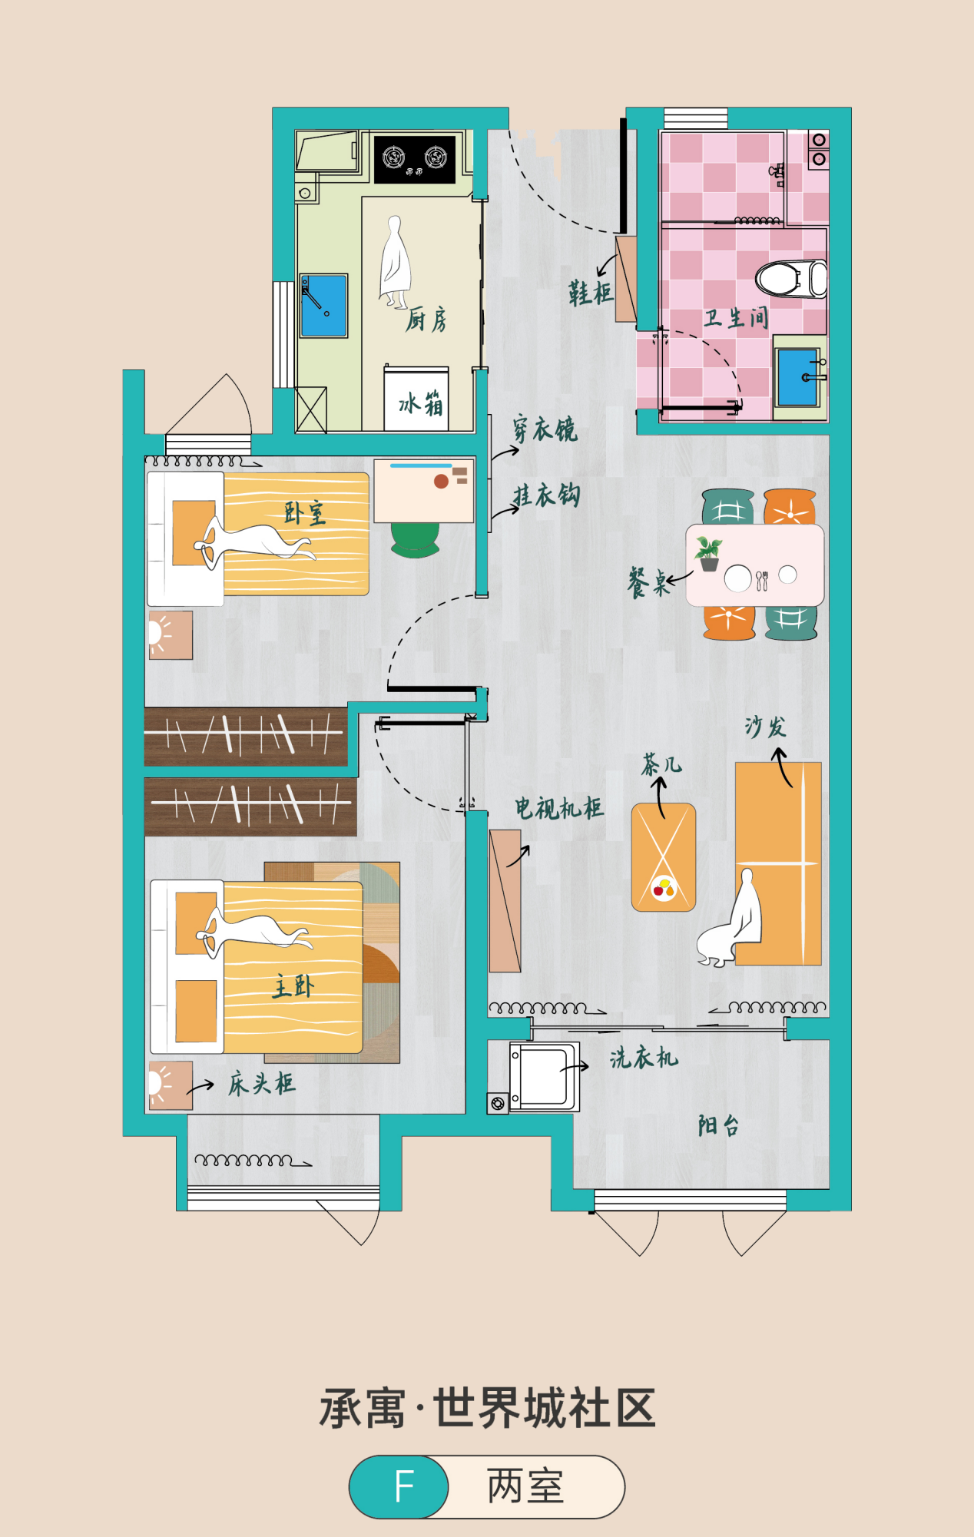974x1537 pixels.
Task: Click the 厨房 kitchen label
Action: [x=426, y=319]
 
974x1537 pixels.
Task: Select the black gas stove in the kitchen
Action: [x=415, y=159]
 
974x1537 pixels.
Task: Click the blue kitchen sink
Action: [x=323, y=306]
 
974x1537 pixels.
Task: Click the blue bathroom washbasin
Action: [x=797, y=377]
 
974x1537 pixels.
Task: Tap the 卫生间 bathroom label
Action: [x=736, y=318]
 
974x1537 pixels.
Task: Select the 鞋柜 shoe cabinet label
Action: [x=591, y=293]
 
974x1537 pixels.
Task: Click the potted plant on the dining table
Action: [x=708, y=553]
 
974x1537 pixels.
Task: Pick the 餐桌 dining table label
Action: [x=648, y=583]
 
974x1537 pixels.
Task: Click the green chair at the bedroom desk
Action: [x=415, y=539]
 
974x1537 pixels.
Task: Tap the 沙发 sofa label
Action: [x=765, y=727]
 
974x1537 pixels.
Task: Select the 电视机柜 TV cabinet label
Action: [x=559, y=808]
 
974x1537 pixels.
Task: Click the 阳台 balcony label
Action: [x=719, y=1126]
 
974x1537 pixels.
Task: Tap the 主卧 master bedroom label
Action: [x=293, y=986]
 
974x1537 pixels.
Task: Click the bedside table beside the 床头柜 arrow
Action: [x=171, y=1085]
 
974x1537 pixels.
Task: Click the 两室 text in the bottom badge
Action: [x=525, y=1486]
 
